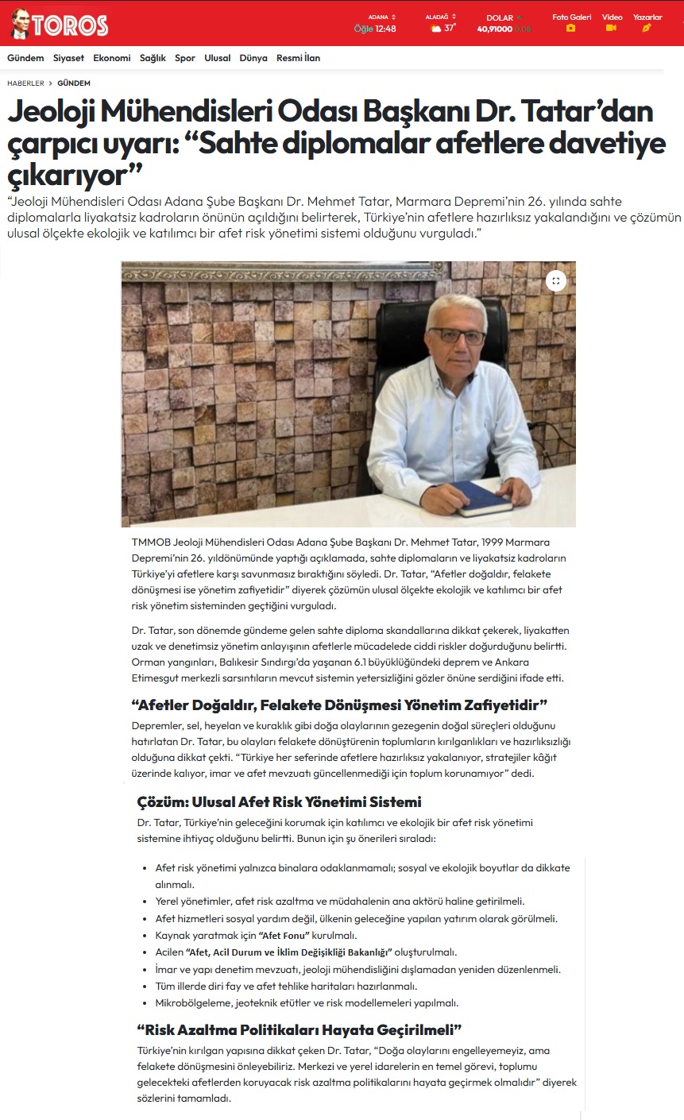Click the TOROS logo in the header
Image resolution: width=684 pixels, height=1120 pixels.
coord(60,25)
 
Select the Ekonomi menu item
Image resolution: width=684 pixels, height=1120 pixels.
coord(112,58)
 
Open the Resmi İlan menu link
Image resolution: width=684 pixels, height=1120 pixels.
coord(298,58)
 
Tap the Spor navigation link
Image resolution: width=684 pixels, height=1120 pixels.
coord(185,58)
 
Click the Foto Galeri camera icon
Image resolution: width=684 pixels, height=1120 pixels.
coord(570,28)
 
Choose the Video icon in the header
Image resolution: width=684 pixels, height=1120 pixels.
coord(611,28)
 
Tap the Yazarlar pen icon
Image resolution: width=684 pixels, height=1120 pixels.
coord(647,28)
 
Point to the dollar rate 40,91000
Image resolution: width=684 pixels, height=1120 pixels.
coord(494,29)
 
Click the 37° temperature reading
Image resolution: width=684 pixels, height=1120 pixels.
coord(450,28)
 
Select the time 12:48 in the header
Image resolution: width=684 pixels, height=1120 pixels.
coord(385,29)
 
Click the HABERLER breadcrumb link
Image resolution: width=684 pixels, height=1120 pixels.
coord(25,83)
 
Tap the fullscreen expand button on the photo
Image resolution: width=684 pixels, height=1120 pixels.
coord(556,280)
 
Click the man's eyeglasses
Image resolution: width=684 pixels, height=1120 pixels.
coord(458,335)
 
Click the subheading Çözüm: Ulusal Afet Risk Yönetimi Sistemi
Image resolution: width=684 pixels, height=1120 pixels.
coord(279,801)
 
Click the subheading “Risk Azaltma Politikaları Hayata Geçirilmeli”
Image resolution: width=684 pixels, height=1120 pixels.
coord(299,1030)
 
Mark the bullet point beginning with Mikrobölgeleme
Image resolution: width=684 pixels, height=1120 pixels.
coord(307,1002)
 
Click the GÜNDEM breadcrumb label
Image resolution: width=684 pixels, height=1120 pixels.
coord(74,83)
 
